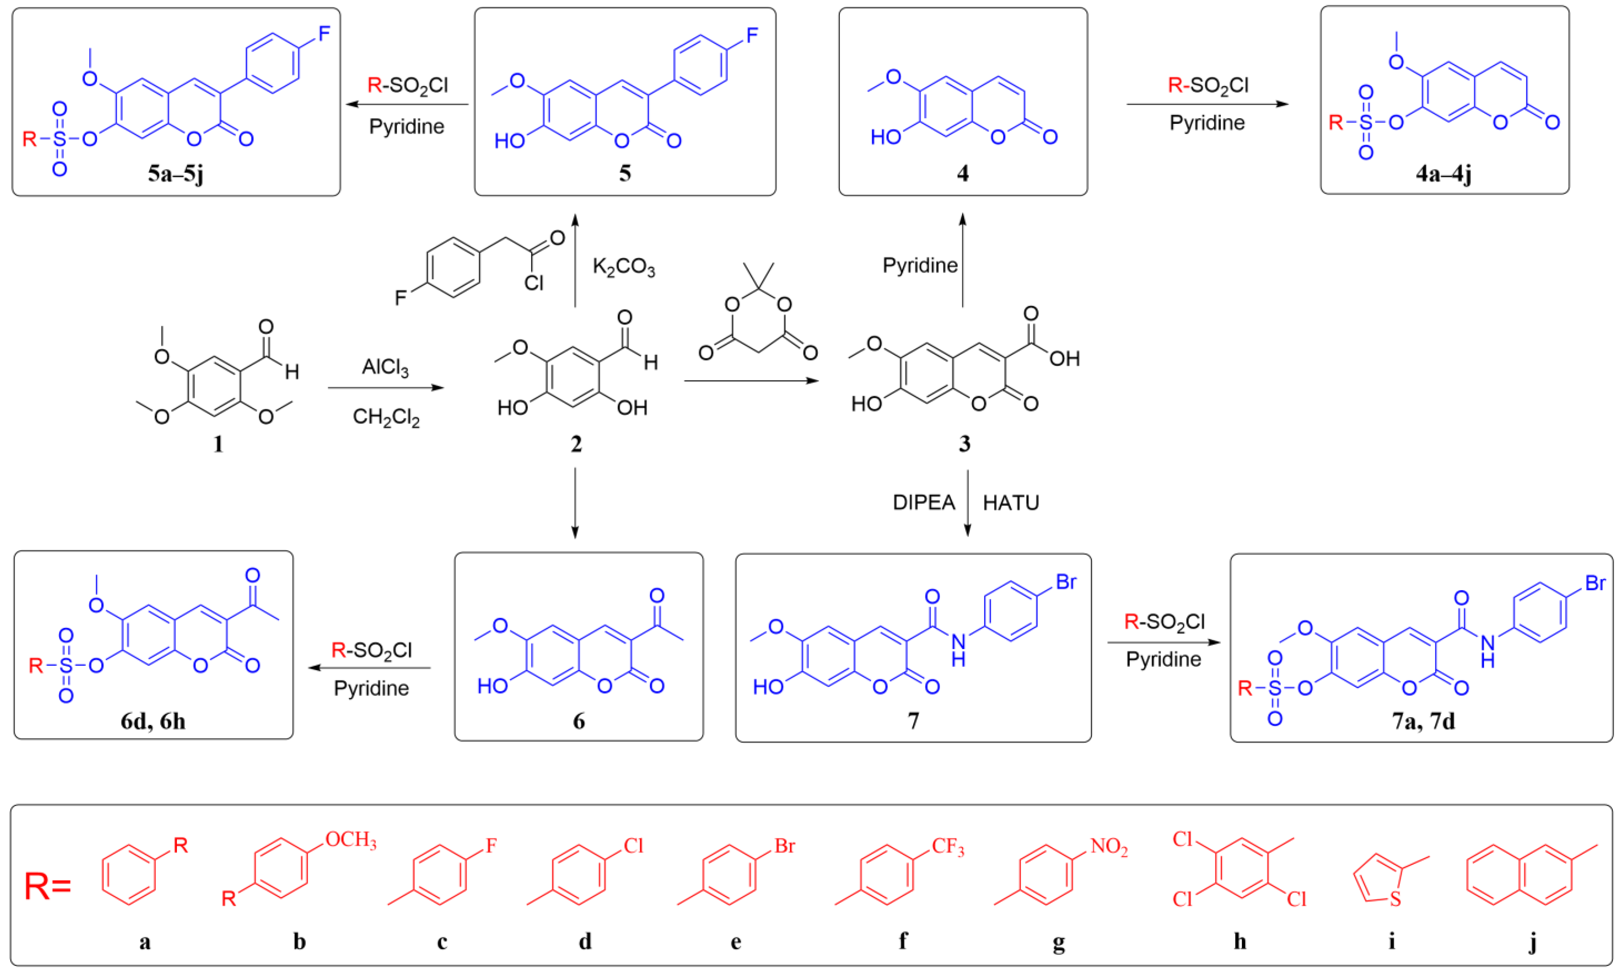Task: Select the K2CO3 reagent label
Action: pos(623,267)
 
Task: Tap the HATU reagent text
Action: pos(1010,503)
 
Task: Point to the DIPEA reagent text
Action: pos(923,503)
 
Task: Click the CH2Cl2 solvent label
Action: pos(386,417)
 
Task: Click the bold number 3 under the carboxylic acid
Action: pos(964,444)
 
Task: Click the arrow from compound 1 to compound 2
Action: pos(386,387)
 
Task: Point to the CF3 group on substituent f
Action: pos(947,847)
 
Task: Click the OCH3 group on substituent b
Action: pos(351,840)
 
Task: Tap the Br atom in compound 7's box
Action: pos(1066,582)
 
